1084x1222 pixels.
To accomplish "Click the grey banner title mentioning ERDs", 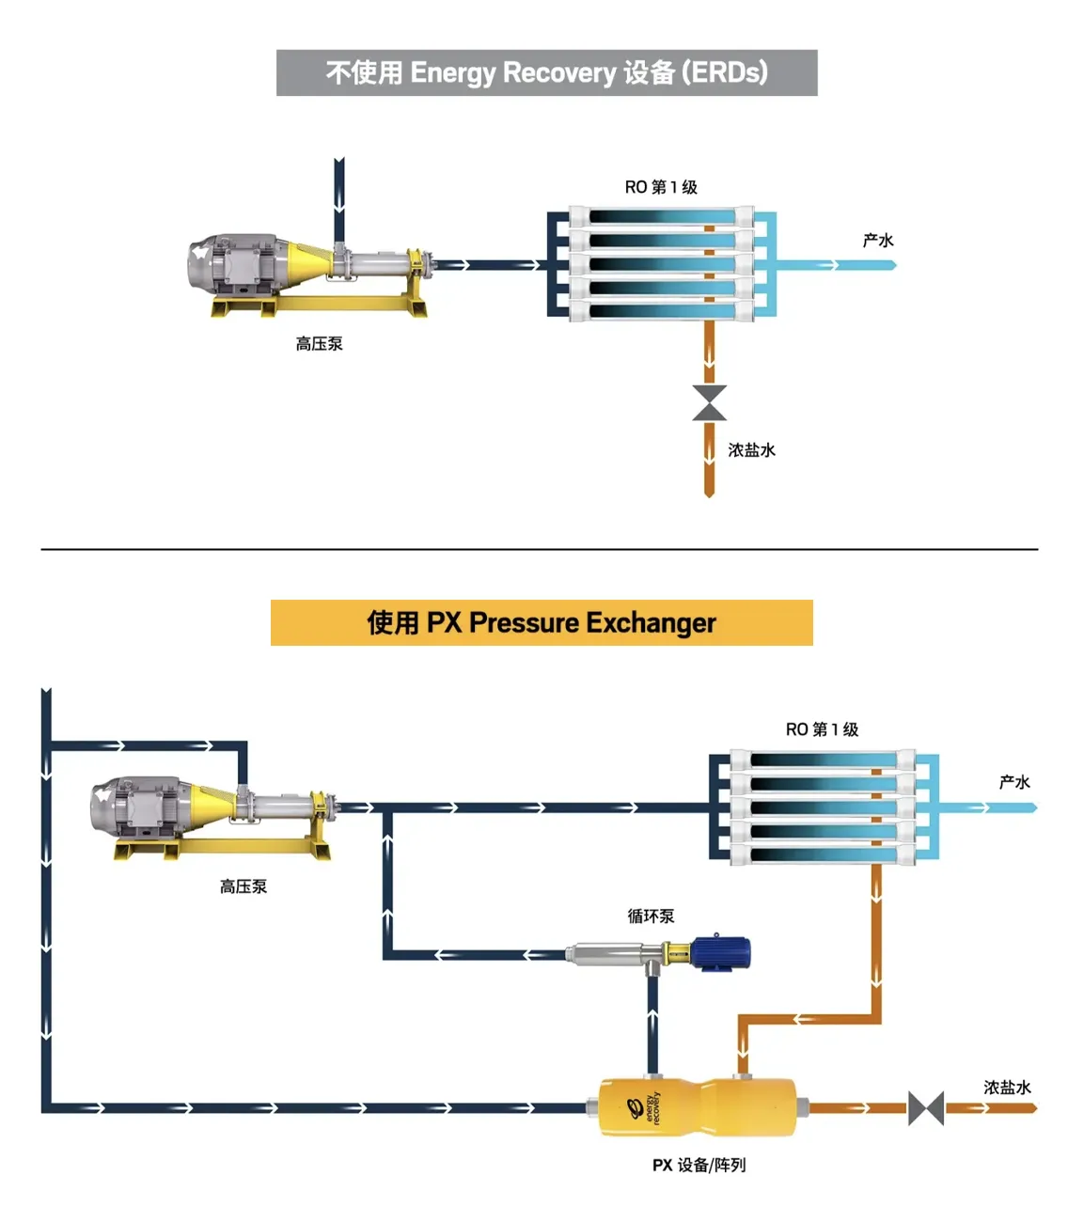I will click(546, 72).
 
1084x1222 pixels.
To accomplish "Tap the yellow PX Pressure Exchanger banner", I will click(542, 622).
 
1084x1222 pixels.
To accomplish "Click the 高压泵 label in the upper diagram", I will click(319, 344).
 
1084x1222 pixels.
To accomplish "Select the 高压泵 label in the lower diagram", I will click(243, 886).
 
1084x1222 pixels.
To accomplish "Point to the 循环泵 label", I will click(651, 916).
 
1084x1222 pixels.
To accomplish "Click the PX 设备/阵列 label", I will click(699, 1165).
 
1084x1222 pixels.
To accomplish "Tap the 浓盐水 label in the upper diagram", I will click(751, 450).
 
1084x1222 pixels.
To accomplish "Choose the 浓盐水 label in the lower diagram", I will click(1007, 1088).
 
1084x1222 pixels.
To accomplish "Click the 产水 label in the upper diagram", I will click(878, 241).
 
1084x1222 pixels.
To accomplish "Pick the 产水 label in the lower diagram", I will click(1014, 782).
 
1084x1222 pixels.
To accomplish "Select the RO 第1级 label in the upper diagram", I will click(661, 187).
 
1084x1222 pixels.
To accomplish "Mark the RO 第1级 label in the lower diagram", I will click(822, 729).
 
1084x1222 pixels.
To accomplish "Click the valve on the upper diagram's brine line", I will click(709, 402).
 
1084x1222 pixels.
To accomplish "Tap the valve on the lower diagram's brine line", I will click(926, 1108).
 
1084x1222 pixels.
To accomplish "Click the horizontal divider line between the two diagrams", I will click(540, 549).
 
